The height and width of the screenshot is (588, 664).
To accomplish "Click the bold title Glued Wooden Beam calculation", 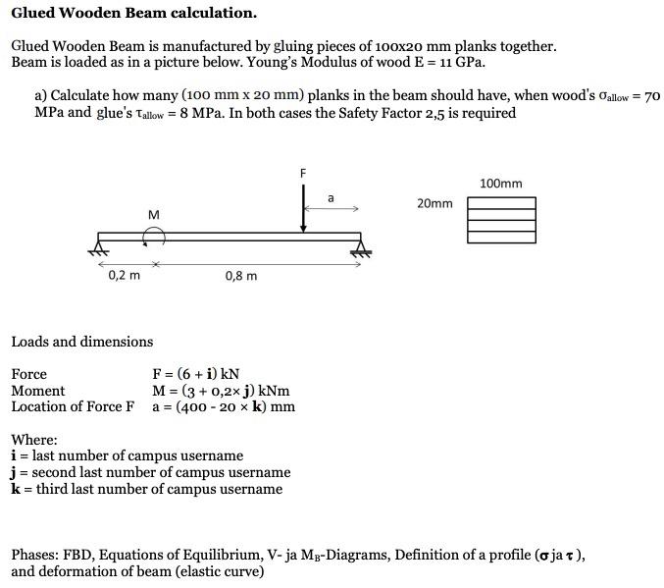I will pos(134,14).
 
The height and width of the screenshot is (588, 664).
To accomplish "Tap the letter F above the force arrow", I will pos(303,173).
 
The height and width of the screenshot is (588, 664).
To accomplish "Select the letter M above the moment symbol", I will pos(153,214).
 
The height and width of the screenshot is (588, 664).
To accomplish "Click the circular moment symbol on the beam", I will pos(153,236).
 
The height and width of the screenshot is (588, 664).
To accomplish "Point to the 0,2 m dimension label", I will pos(124,276).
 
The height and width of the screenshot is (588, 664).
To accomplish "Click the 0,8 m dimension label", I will pos(241,276).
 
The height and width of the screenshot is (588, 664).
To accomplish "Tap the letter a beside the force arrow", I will pos(331,198).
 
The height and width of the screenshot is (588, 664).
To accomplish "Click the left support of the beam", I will pos(99,243).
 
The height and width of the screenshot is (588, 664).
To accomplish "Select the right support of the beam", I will pos(361,245).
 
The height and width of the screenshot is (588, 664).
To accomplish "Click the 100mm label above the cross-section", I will pos(501,184).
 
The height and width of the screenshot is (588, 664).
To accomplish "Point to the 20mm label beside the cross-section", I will pos(434,204).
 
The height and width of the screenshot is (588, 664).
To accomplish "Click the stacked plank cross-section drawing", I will pos(501,220).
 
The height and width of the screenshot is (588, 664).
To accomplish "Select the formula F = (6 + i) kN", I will pos(196,374).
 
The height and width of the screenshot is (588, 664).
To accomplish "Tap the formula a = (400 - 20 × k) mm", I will pos(224,407).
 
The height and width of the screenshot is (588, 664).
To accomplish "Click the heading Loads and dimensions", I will pos(82,342).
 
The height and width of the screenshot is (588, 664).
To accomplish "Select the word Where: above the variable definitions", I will pos(34,440).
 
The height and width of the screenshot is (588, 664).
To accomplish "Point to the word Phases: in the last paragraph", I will pos(35,555).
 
